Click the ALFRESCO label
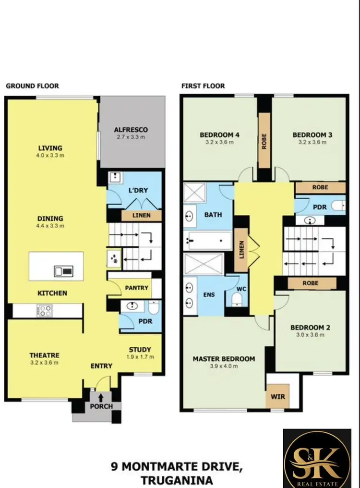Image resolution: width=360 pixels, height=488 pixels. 131,129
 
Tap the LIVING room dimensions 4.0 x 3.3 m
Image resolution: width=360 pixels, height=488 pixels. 51,156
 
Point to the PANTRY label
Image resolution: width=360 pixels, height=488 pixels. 136,288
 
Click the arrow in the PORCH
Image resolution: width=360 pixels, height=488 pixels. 101,398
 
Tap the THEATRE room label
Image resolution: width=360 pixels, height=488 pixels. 44,355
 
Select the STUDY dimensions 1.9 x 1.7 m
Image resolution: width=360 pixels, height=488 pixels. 140,357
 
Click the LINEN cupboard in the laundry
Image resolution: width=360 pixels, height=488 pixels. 141,215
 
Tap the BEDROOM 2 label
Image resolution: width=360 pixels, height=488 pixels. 310,328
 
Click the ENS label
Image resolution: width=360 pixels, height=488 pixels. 209,295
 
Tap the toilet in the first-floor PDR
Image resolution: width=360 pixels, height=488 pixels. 339,206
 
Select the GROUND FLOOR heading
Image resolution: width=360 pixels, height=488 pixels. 32,86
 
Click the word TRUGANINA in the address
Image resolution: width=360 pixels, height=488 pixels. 177,479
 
